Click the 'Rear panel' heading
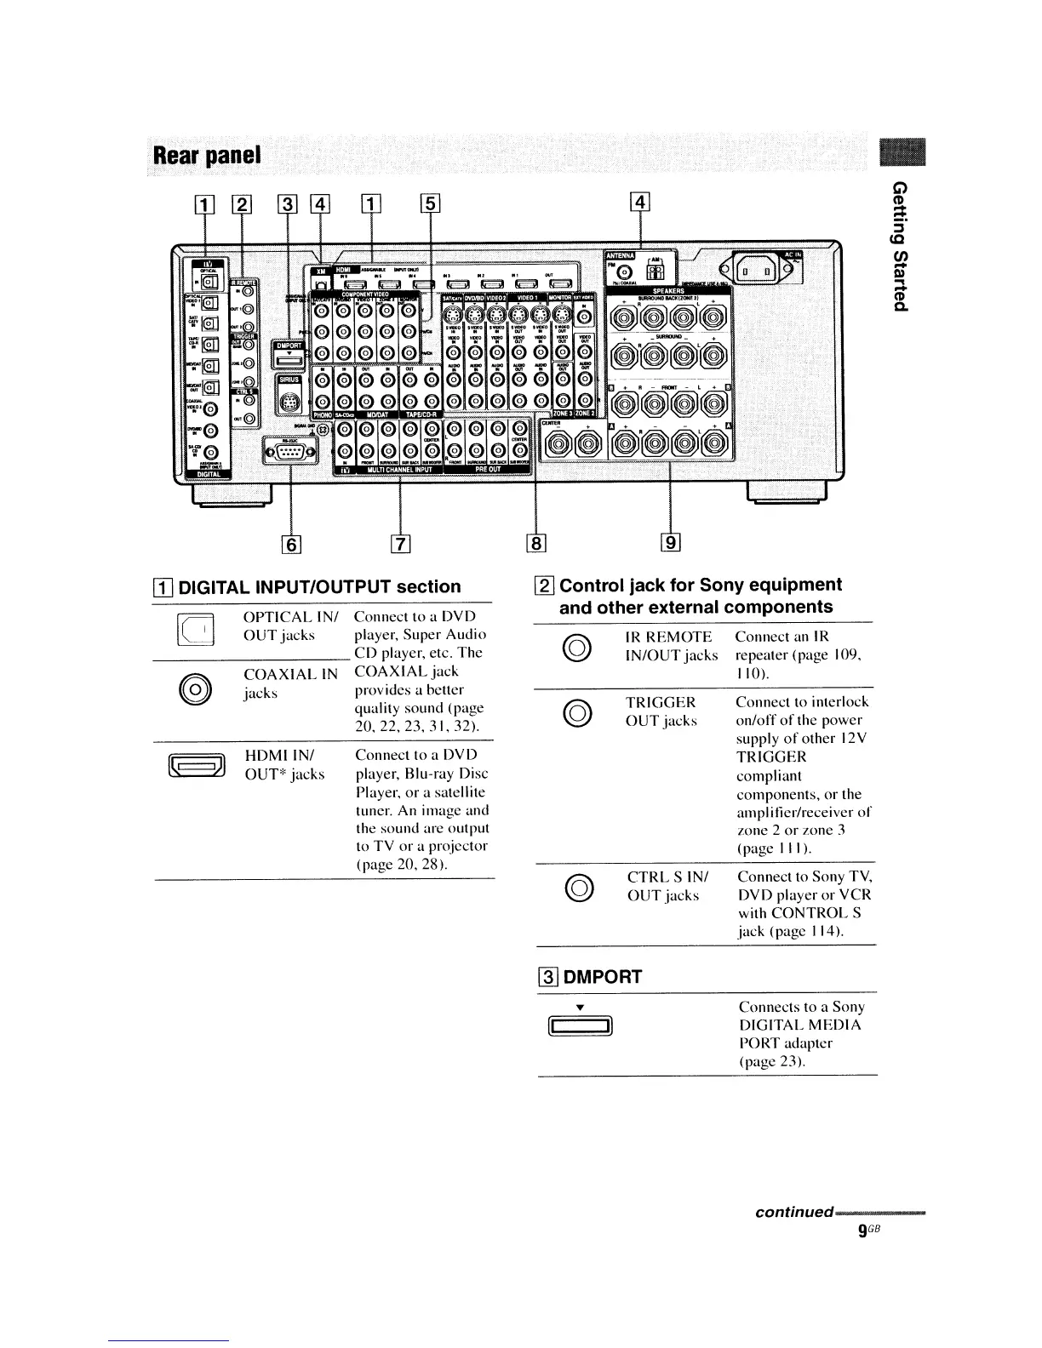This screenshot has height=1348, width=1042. coord(207,157)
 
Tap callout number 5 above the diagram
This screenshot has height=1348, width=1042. coord(430,203)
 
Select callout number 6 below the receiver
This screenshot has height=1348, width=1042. coord(290,542)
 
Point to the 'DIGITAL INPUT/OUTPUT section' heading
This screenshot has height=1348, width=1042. coord(319,586)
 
